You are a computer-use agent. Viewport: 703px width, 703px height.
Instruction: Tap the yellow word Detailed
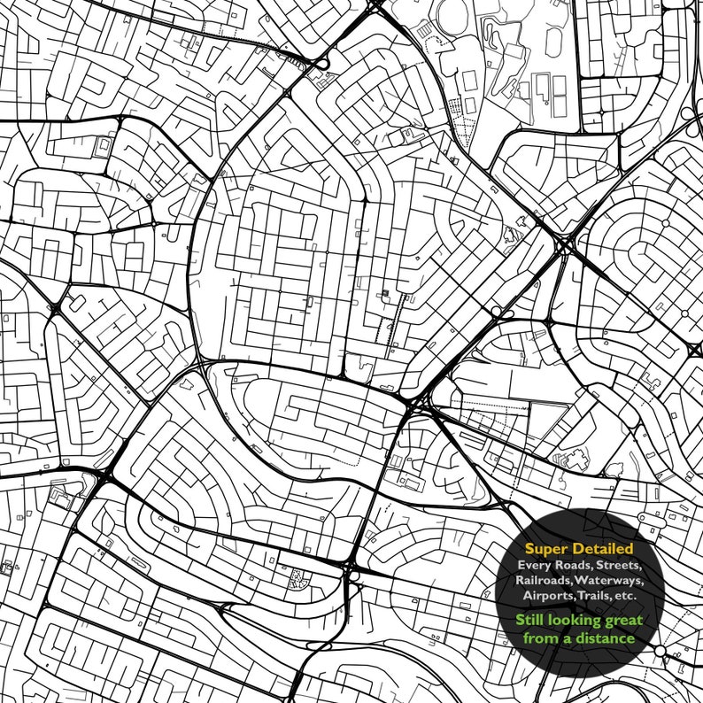click(x=602, y=549)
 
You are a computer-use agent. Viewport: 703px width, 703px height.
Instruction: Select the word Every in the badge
click(x=535, y=565)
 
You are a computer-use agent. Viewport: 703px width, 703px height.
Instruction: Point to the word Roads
click(x=573, y=565)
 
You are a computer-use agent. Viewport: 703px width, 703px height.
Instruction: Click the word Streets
click(x=621, y=565)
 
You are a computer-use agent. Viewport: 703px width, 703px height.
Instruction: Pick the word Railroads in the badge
click(x=547, y=580)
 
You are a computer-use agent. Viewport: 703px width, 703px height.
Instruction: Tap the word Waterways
click(x=612, y=580)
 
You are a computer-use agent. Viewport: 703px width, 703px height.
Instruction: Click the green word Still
click(x=533, y=620)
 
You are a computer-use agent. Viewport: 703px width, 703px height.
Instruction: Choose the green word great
click(x=624, y=621)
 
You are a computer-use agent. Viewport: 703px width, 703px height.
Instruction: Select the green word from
click(x=540, y=637)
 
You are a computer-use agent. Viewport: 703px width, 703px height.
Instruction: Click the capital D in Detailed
click(x=576, y=549)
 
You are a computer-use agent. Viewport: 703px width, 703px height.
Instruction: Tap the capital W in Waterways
click(x=586, y=580)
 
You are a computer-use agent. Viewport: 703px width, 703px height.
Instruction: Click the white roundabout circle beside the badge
click(x=661, y=652)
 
